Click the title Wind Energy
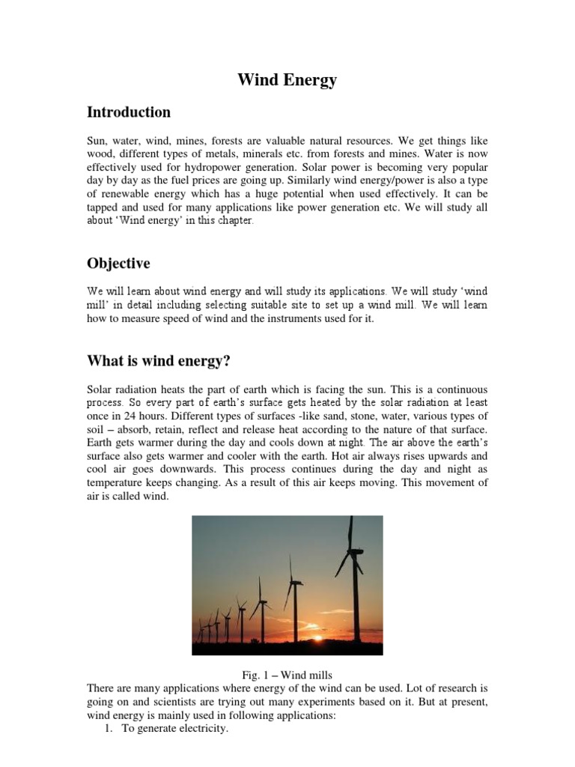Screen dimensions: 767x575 (287, 80)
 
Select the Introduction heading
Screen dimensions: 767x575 (129, 112)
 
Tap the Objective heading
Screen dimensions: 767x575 (118, 264)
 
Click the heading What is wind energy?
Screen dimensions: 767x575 (159, 362)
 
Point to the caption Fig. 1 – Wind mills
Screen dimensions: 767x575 (287, 675)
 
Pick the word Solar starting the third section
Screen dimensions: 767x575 (102, 390)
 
